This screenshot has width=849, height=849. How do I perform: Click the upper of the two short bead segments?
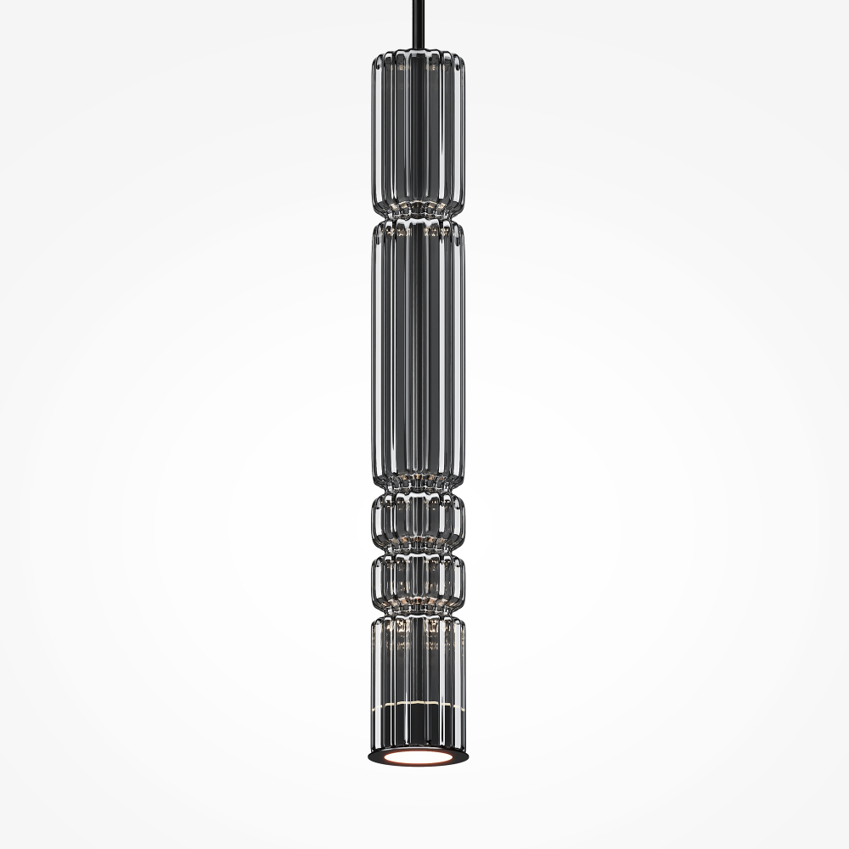tap(418, 521)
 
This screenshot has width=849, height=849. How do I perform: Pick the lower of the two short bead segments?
tap(418, 581)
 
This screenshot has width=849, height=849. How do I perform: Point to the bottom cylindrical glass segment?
tap(418, 679)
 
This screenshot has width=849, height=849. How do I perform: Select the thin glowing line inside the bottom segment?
tap(418, 706)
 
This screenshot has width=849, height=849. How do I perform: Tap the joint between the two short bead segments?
tap(418, 552)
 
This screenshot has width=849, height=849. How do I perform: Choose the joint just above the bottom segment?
tap(418, 611)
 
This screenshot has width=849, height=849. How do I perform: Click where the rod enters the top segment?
tap(418, 53)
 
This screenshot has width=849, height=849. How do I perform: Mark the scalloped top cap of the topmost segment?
tap(418, 60)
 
